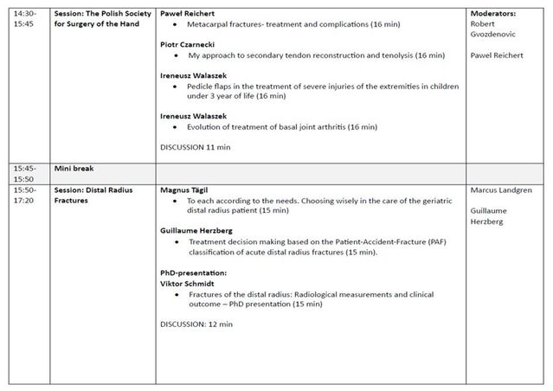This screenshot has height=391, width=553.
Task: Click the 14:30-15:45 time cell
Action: click(24, 20)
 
